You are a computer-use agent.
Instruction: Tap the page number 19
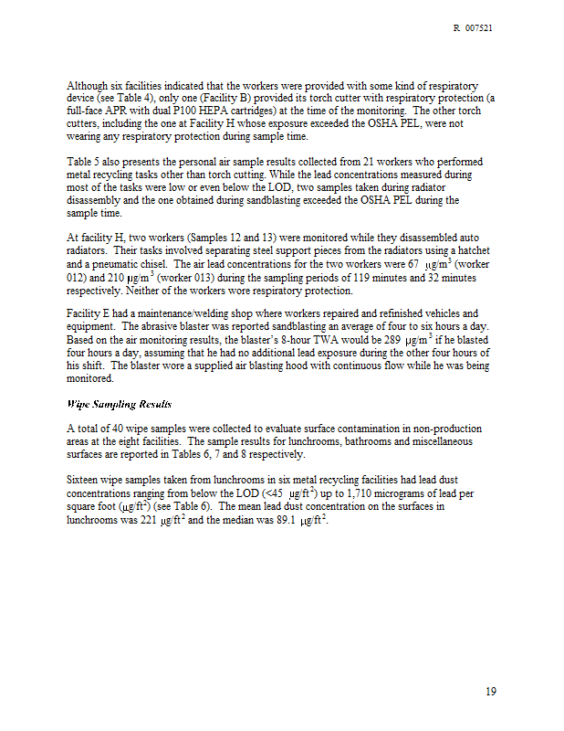pos(491,692)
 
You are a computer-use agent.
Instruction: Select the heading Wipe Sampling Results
pos(120,403)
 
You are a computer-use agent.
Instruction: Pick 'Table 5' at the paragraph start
pos(87,162)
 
